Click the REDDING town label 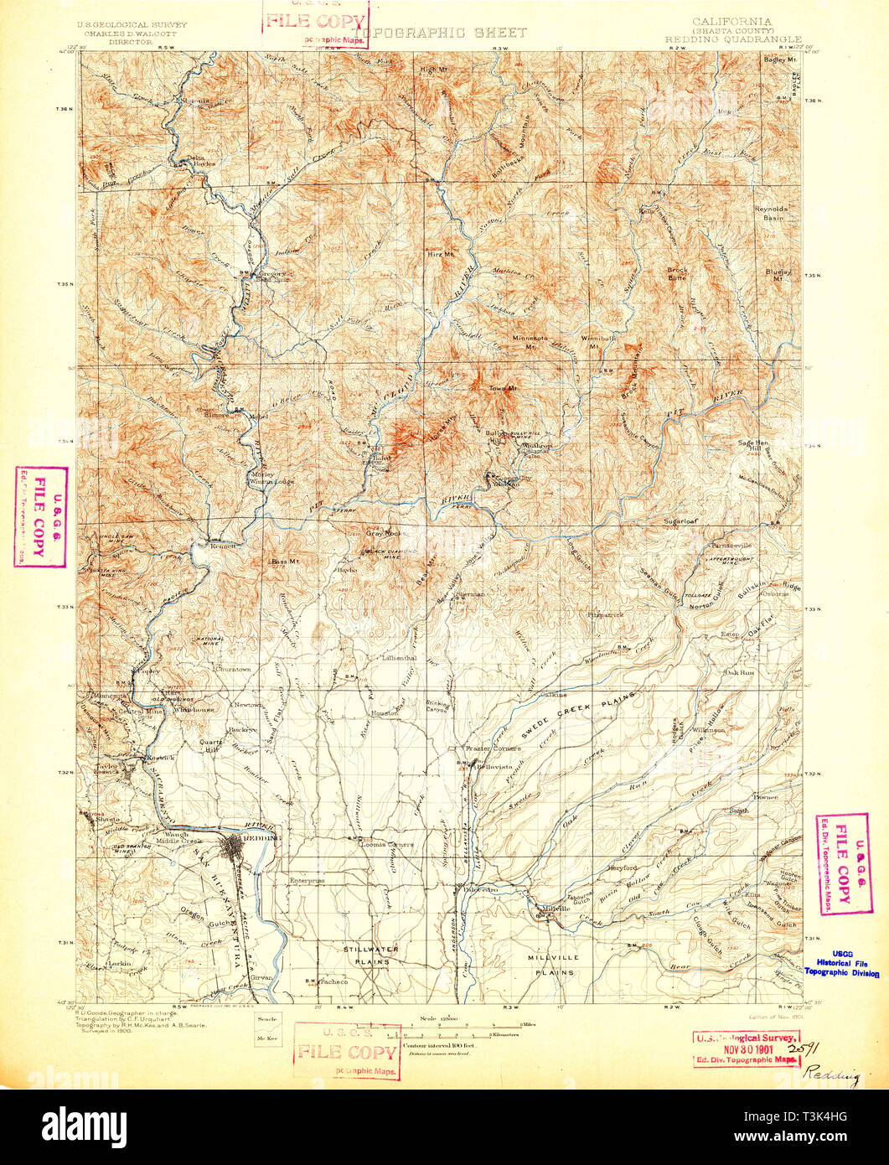pos(261,837)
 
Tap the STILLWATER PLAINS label pos(370,955)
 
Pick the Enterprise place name pos(305,881)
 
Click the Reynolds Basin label pos(768,213)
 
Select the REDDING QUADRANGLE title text pos(733,39)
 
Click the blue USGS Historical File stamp pos(841,968)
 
